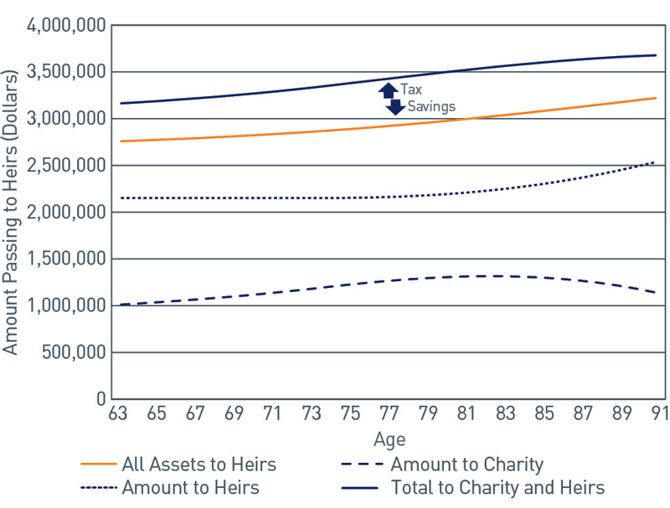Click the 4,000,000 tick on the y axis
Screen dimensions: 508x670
coord(65,25)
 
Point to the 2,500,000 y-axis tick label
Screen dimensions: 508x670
coord(65,166)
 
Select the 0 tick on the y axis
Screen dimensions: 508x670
coord(100,399)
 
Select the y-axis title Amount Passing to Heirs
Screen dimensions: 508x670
coord(12,213)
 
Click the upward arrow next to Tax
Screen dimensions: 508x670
coord(388,90)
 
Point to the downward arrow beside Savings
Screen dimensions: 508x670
coord(395,106)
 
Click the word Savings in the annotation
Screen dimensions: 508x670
coord(431,106)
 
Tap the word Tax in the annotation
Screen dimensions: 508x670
coord(411,88)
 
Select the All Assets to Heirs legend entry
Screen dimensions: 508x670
coord(198,464)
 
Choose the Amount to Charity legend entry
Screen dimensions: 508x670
coord(466,464)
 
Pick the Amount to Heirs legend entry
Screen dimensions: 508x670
coord(190,487)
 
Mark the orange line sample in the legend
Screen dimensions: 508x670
coord(97,464)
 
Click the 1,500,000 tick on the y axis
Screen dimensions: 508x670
coord(65,259)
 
